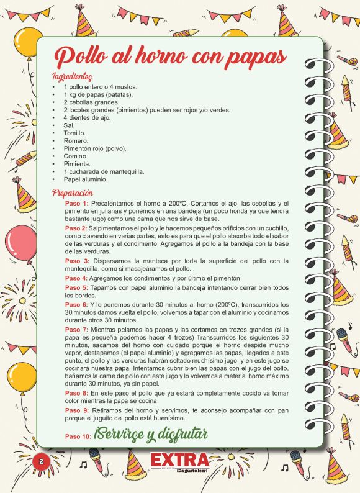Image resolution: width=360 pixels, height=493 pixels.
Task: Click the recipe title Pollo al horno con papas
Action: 169,56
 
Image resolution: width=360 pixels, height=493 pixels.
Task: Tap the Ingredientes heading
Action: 73,77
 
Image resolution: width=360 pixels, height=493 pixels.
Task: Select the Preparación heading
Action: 73,192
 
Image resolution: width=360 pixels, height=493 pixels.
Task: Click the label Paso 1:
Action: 77,204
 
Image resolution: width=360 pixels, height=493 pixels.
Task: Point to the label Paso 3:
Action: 78,261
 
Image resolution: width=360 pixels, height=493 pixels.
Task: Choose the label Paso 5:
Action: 77,288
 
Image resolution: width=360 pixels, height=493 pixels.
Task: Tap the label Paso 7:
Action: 77,328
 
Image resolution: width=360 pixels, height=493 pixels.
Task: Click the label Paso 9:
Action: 77,410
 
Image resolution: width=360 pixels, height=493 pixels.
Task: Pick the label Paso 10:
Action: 78,436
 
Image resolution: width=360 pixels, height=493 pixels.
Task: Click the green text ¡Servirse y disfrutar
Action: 151,433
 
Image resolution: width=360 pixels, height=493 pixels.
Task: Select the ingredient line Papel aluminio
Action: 86,179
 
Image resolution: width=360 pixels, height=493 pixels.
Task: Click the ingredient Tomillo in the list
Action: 75,133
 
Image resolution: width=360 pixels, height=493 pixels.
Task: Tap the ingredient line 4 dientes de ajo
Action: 87,117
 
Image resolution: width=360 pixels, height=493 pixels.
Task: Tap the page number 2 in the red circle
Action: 40,461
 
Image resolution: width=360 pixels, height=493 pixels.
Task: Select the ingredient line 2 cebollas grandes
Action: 91,102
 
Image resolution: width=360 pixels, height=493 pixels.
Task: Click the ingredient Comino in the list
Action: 75,156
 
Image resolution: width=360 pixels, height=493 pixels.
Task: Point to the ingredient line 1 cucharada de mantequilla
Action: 104,171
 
